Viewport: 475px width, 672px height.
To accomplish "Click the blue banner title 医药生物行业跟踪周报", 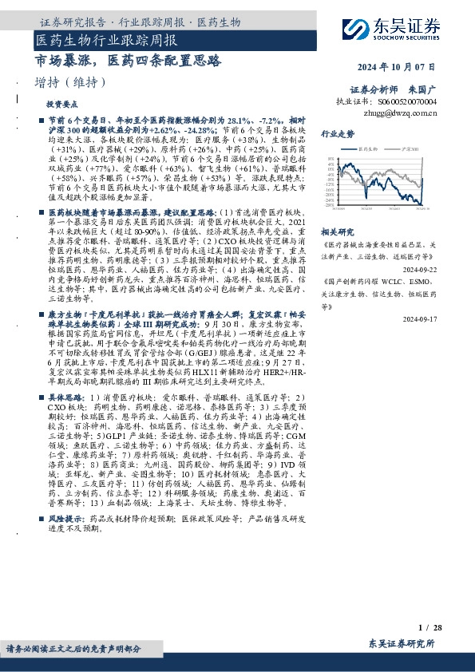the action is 106,38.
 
